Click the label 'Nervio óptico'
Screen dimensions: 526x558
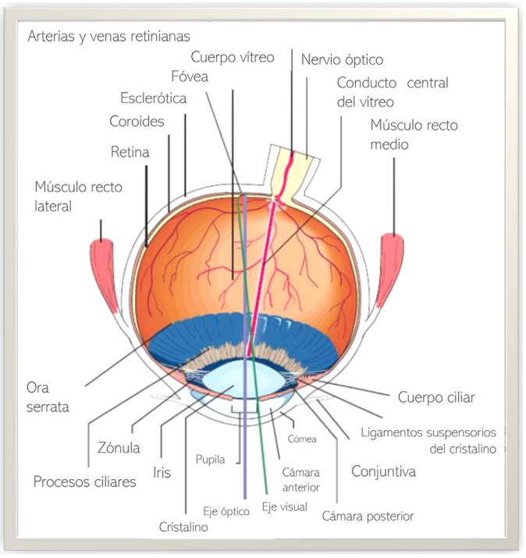342,60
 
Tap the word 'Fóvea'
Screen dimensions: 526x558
190,76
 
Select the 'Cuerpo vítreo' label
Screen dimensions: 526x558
233,57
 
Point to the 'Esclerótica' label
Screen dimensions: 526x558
153,98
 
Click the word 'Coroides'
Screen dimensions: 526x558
137,121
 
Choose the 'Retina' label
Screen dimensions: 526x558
130,152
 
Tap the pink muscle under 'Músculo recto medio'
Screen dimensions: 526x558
389,271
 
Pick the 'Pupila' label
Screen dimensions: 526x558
210,460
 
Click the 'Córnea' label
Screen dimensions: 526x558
302,439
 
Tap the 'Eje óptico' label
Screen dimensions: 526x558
226,511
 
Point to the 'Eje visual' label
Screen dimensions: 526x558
284,506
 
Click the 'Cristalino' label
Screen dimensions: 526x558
183,527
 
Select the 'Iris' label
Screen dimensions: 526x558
162,473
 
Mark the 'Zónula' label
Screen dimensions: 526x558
119,448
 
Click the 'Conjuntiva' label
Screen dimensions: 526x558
383,472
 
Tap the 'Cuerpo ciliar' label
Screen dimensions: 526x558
436,397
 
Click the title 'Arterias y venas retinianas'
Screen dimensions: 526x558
109,37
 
